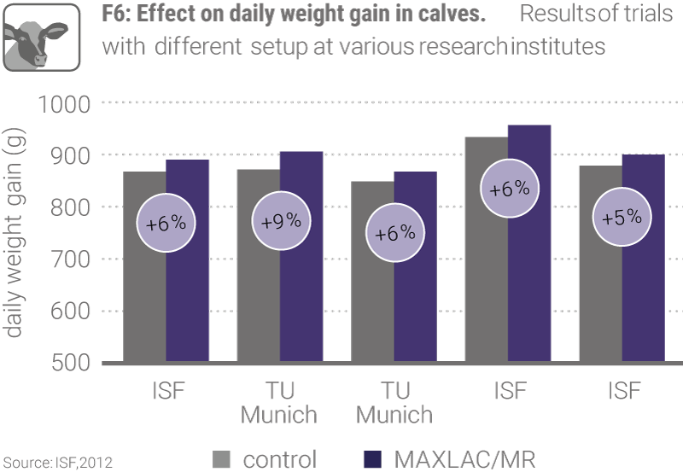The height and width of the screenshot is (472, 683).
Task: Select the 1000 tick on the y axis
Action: point(63,104)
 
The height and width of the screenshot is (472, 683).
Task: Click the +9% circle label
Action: point(281,221)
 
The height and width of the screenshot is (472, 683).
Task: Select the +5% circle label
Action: point(621,217)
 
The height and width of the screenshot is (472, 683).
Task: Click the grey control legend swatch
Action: point(221,458)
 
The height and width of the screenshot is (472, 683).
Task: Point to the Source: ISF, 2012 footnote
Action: point(55,463)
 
